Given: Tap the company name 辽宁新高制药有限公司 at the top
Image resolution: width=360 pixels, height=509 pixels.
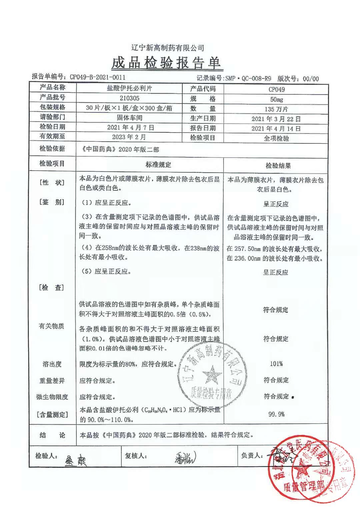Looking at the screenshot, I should click(168, 48).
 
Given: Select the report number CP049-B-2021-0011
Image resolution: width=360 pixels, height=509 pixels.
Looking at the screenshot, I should click(97, 77).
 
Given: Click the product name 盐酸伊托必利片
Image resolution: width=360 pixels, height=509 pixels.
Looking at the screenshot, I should click(129, 88).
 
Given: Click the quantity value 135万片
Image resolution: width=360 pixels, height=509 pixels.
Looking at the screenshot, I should click(276, 109).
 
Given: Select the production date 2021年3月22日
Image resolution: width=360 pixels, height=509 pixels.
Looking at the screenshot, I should click(276, 119).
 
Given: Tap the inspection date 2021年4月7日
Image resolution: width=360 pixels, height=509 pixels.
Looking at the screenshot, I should click(131, 127).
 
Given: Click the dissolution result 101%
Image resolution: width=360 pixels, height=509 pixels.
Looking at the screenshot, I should click(276, 364).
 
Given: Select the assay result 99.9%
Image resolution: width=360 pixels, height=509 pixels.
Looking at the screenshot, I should click(276, 414).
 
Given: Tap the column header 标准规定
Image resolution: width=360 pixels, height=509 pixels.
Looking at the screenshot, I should click(158, 165).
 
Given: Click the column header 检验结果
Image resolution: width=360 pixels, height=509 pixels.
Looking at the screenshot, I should click(278, 166).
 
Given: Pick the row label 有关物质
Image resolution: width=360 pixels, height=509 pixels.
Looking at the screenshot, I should click(51, 326).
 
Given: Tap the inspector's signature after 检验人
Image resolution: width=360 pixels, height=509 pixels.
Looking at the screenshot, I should click(75, 460).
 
